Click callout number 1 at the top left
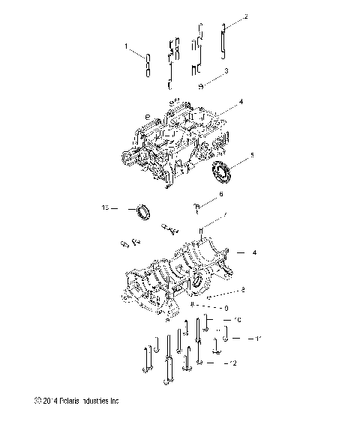(127, 46)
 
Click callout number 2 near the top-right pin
(245, 16)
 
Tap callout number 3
(226, 71)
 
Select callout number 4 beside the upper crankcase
(241, 101)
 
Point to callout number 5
(252, 156)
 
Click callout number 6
(220, 194)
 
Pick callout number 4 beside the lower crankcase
(254, 252)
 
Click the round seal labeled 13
(142, 211)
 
